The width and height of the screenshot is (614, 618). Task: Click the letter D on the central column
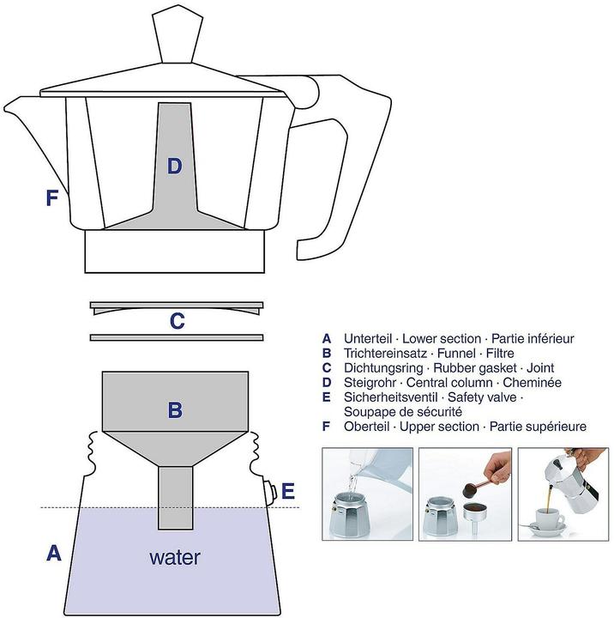174,167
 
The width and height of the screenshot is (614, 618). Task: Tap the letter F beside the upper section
52,198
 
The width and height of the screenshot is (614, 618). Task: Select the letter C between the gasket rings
177,322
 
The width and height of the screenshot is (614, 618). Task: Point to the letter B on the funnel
175,410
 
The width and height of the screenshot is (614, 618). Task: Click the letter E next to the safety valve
288,492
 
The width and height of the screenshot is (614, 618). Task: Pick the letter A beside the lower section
53,554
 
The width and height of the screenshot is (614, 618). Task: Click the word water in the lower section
175,557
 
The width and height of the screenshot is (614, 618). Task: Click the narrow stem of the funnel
175,497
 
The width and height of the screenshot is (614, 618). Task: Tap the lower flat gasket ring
176,337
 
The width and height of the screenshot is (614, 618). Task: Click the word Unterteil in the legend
368,338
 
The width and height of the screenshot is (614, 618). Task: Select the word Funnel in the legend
449,353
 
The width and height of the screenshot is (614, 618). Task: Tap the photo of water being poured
367,494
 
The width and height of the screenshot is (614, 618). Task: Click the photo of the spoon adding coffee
465,494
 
